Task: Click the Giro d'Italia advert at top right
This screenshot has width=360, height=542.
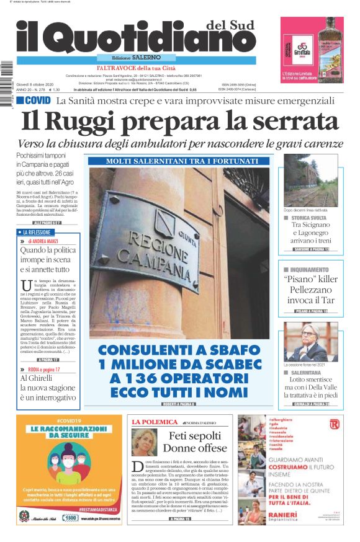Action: (x=312, y=50)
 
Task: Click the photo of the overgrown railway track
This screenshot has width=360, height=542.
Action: (x=310, y=180)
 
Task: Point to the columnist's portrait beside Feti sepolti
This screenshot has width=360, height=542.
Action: (x=145, y=442)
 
